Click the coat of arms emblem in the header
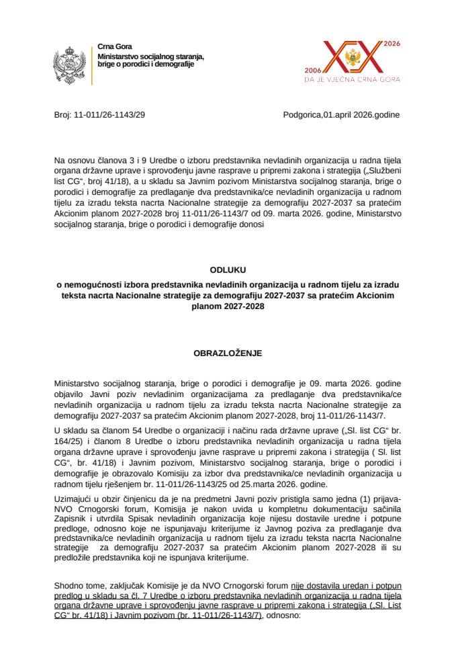click(69, 65)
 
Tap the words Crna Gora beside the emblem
click(110, 45)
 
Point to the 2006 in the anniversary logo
click(314, 69)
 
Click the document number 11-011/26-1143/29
click(110, 115)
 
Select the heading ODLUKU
click(227, 271)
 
